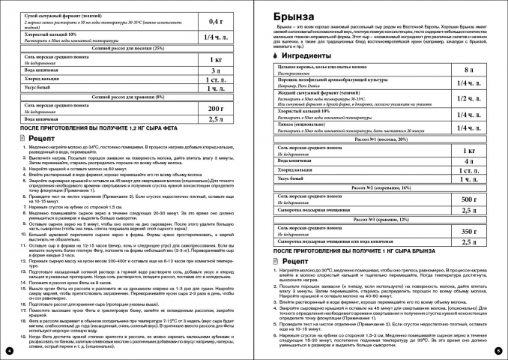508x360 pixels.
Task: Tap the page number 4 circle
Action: [8, 350]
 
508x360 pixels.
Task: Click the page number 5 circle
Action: [498, 350]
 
